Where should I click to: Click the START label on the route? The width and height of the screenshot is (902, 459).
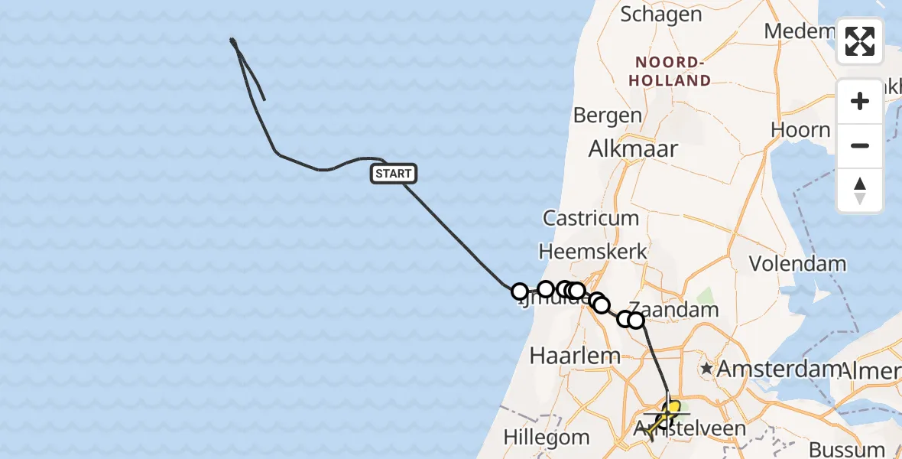coord(394,174)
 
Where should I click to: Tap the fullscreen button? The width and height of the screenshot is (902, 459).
coord(860,41)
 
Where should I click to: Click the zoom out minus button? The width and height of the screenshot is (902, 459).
coord(860,146)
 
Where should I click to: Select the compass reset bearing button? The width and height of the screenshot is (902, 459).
coord(860,190)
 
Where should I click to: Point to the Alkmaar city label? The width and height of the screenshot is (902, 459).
coord(634,148)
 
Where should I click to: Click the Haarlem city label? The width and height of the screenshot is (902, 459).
coord(565,356)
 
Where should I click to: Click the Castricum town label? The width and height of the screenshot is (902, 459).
coord(591,218)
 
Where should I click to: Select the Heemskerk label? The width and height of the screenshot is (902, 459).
coord(593,251)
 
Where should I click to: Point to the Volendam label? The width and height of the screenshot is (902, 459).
coord(797,264)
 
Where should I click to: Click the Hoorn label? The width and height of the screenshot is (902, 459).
coord(800,130)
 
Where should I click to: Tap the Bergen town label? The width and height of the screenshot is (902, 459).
coord(608,116)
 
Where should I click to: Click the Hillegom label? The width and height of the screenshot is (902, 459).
coord(547,438)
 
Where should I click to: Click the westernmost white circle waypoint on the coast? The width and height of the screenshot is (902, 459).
coord(520,291)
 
